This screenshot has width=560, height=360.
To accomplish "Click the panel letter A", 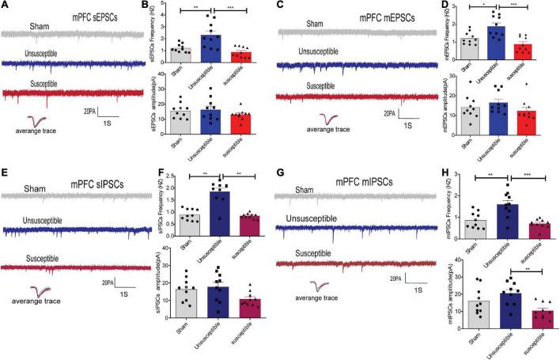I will tap(5, 6).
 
